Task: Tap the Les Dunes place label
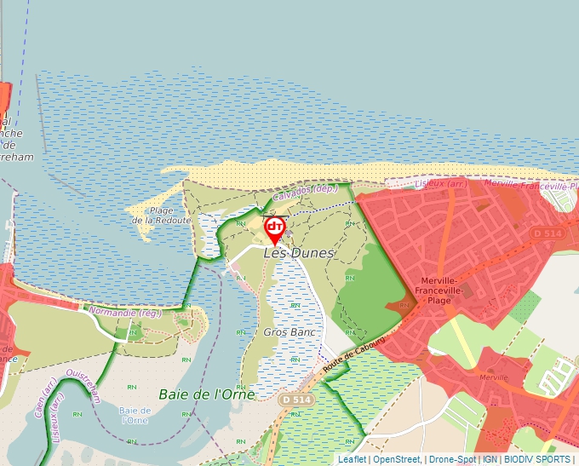coord(299,253)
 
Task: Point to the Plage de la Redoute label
coord(160,216)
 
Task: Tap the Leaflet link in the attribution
coord(352,459)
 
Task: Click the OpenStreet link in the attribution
coord(397,459)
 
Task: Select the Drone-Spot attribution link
coord(452,459)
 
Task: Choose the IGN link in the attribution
coord(490,459)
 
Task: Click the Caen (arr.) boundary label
coord(39,405)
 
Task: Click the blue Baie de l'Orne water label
coord(135,415)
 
